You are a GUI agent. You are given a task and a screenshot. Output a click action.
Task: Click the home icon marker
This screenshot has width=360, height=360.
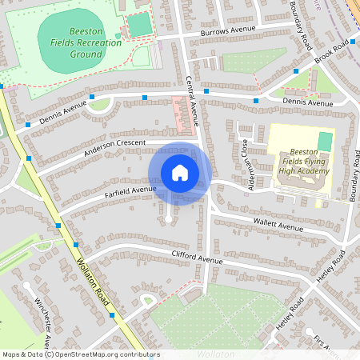click(x=180, y=173)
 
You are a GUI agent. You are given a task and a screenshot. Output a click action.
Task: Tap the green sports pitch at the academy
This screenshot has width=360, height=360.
click(x=324, y=141)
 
